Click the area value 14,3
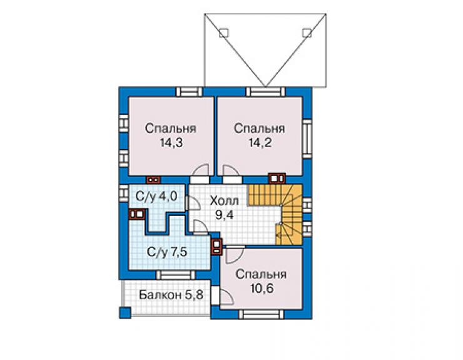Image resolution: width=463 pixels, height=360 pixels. click(x=171, y=143)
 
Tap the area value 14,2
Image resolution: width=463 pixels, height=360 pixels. click(x=260, y=143)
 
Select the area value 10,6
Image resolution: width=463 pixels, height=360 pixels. click(x=262, y=289)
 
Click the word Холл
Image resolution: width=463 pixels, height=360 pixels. click(x=224, y=201)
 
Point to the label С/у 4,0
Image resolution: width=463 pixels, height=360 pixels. click(x=156, y=196)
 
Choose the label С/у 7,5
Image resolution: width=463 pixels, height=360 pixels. click(x=167, y=252)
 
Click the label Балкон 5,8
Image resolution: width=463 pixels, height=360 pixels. click(x=171, y=295)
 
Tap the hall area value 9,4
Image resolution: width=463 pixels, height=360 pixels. click(x=224, y=215)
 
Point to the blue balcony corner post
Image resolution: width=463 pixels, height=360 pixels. click(x=125, y=312)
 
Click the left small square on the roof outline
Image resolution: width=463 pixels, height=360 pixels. click(x=224, y=33)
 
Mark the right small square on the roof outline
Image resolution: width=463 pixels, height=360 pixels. click(x=307, y=33)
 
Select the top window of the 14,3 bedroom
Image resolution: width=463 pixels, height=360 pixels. click(x=189, y=91)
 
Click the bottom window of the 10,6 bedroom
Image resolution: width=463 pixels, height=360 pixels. click(x=261, y=314)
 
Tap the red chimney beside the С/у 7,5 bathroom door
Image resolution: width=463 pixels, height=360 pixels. click(x=216, y=246)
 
